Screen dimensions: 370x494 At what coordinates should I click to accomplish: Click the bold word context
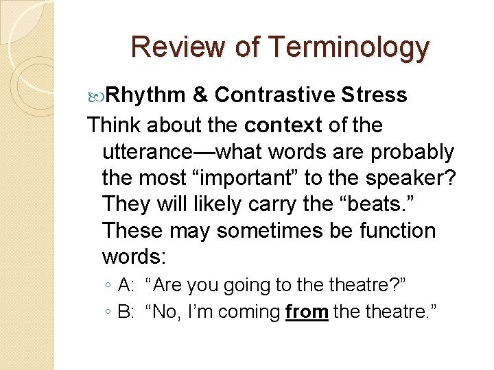[283, 125]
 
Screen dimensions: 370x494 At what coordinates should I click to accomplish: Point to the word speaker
[405, 177]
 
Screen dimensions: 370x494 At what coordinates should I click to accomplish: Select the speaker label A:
[127, 284]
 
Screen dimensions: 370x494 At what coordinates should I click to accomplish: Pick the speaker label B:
[127, 312]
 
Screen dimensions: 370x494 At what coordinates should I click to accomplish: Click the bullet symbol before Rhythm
[95, 95]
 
